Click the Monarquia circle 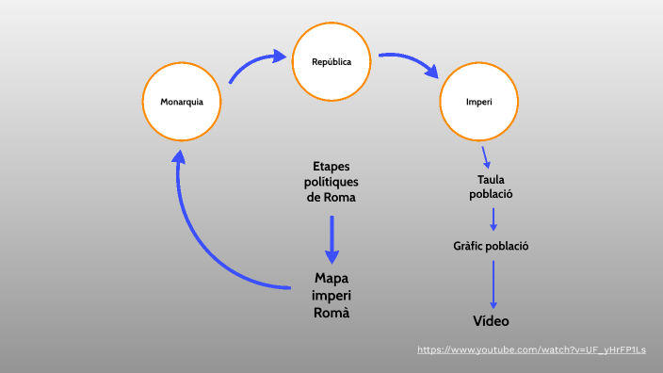[x=182, y=101]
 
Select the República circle [x=331, y=62]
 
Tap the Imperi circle [x=478, y=101]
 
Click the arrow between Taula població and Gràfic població [x=493, y=219]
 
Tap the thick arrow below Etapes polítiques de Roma [x=331, y=240]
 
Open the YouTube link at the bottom [x=532, y=350]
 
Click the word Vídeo [x=491, y=321]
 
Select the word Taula [x=492, y=180]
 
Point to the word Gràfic [x=471, y=246]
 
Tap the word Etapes [x=331, y=167]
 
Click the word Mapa [x=331, y=279]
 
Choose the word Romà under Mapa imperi [x=331, y=313]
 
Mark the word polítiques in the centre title [x=331, y=182]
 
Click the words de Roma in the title [x=331, y=198]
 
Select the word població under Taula [x=492, y=194]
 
